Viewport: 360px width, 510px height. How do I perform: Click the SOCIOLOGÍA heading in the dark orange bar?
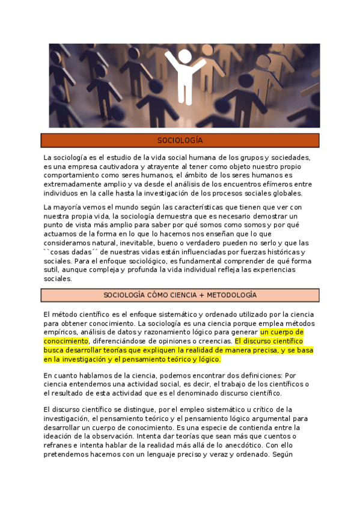[x=180, y=141]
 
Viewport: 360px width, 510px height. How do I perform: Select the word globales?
[x=285, y=193]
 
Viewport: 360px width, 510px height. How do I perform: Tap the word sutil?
[x=52, y=270]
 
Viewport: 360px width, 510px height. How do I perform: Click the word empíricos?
[x=61, y=332]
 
